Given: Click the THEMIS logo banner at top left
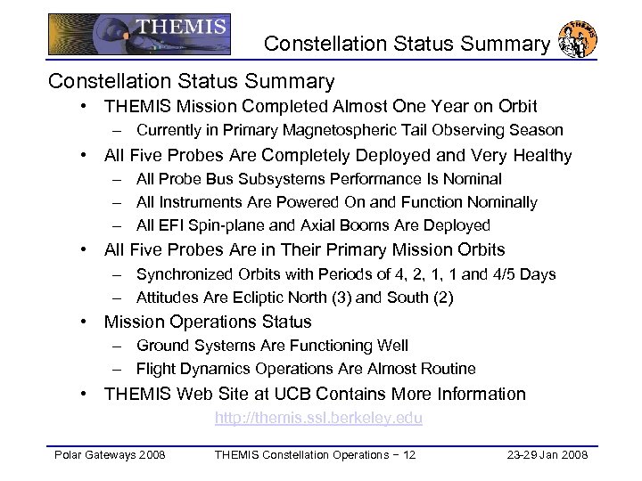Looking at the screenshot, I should [139, 33].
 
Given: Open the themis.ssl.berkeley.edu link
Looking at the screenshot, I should [318, 418].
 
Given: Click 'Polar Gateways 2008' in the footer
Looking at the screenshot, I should [108, 456].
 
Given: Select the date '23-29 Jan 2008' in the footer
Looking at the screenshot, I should [546, 456].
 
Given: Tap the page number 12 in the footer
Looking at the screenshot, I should [407, 456].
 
